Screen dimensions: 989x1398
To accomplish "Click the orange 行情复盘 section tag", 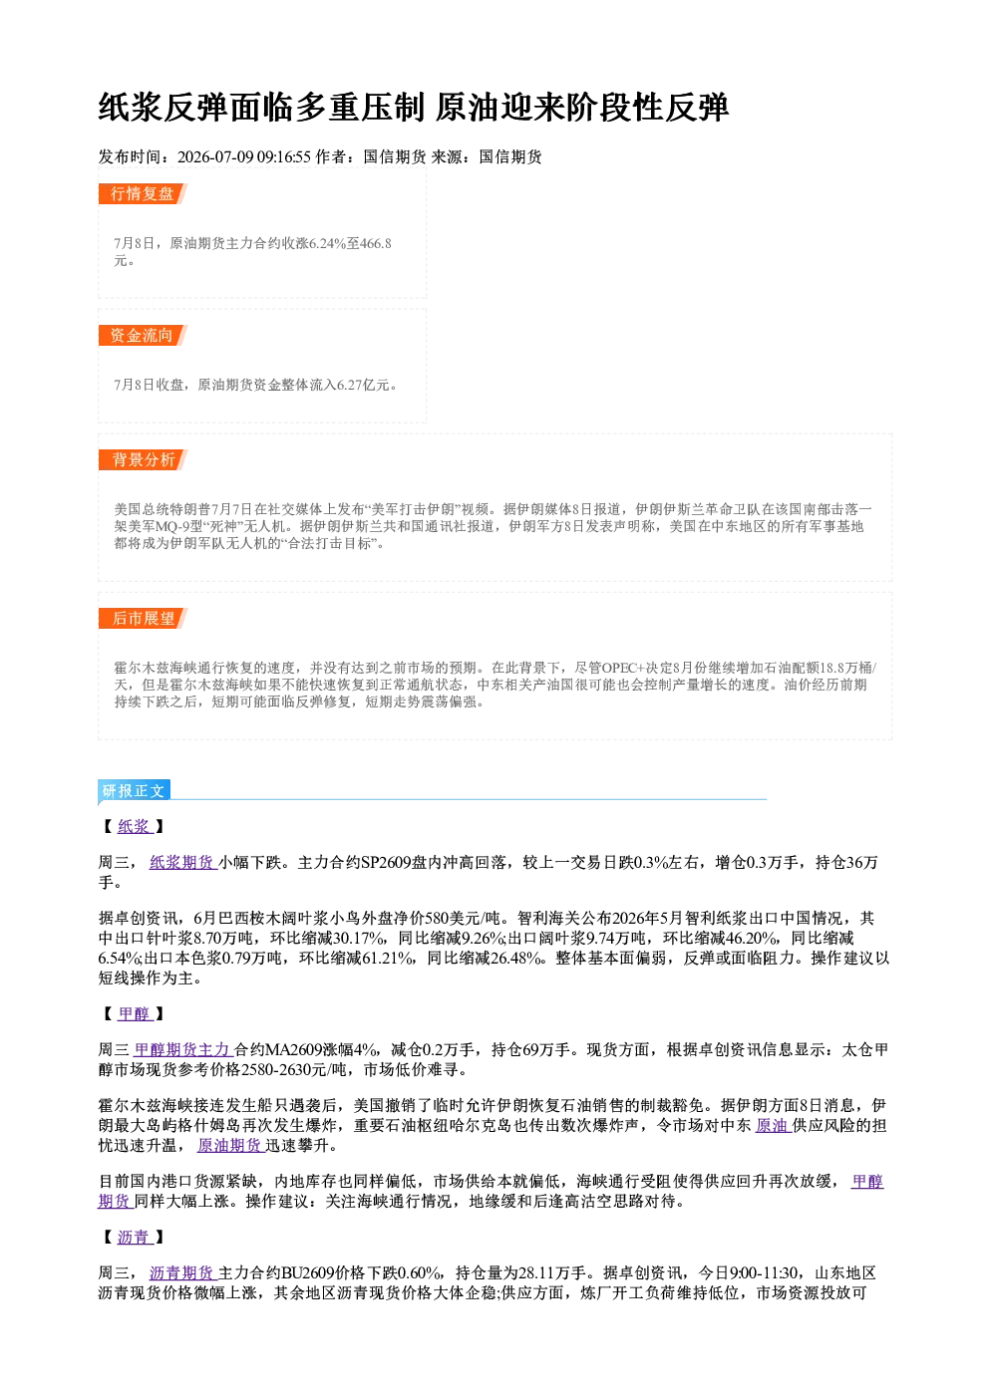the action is [143, 193].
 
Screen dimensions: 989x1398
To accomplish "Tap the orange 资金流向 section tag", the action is [143, 335].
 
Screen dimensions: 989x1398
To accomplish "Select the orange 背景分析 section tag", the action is [143, 460].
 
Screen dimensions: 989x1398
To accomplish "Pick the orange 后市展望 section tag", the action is [143, 619].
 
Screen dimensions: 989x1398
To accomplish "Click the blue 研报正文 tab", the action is [134, 790].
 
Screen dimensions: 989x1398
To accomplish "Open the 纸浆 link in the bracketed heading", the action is [135, 826].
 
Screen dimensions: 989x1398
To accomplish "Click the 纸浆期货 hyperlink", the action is [182, 863].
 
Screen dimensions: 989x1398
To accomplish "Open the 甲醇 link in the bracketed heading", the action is [135, 1013].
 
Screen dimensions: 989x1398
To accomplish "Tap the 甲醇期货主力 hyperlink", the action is [183, 1050].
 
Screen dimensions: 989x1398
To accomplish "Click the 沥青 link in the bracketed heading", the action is [135, 1237].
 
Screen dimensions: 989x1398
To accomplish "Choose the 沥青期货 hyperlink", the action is [182, 1272].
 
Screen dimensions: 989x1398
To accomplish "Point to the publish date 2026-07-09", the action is [215, 156].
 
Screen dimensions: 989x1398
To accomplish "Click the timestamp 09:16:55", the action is [284, 156].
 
